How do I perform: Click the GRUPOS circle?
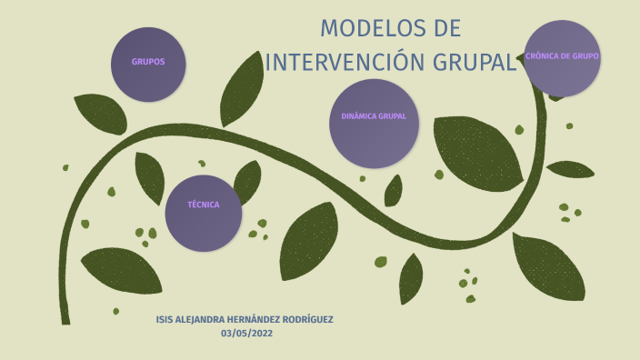click(x=148, y=64)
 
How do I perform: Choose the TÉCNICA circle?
click(x=204, y=213)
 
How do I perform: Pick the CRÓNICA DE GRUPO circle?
click(x=562, y=58)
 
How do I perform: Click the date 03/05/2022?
click(x=246, y=334)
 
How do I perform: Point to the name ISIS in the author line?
click(x=165, y=320)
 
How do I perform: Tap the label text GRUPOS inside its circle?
click(x=148, y=63)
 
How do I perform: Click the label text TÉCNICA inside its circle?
click(x=204, y=205)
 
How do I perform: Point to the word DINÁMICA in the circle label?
click(x=357, y=116)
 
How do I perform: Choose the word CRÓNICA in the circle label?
click(x=543, y=56)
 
